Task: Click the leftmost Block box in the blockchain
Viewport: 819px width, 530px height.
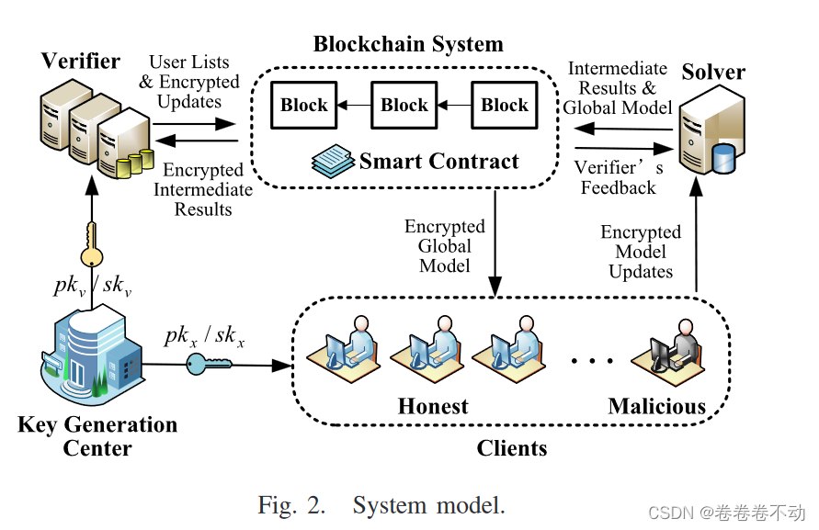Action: (x=304, y=105)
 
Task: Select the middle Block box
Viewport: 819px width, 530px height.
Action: (x=404, y=105)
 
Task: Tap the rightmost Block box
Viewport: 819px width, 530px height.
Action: (x=505, y=105)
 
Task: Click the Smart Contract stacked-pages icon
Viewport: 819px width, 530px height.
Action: (x=332, y=162)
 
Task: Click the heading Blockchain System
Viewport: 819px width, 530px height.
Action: (x=408, y=44)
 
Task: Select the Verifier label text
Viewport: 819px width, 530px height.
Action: (x=81, y=62)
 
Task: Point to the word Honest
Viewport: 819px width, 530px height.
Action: (x=433, y=406)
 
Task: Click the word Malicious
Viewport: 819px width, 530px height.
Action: (x=656, y=406)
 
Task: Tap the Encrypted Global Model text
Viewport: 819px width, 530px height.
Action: (x=445, y=246)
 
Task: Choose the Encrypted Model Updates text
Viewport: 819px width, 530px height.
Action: (x=641, y=252)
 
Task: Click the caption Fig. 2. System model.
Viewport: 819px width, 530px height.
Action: (x=381, y=504)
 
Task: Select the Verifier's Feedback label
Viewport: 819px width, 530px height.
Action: (x=619, y=177)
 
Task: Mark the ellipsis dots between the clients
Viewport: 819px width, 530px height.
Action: (x=592, y=361)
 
